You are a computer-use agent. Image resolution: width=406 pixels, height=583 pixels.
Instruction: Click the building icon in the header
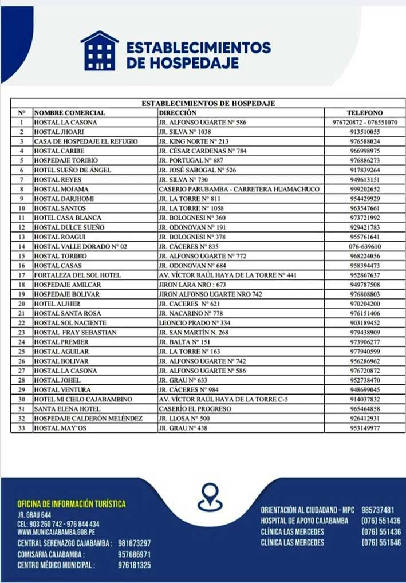click(99, 51)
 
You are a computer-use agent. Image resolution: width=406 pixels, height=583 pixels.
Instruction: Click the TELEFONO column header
click(365, 113)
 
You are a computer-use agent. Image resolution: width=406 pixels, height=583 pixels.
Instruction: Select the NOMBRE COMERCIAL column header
click(69, 113)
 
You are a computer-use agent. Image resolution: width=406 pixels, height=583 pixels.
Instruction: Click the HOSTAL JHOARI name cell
click(57, 132)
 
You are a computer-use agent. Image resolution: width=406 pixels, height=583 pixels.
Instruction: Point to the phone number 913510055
click(365, 132)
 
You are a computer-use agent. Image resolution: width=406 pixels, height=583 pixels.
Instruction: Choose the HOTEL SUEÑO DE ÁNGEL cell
click(72, 170)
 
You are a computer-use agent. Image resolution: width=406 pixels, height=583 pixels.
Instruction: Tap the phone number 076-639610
click(365, 246)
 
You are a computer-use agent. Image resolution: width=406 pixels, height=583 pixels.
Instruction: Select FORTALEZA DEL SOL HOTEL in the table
click(77, 275)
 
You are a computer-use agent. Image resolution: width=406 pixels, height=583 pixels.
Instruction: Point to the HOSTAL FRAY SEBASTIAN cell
click(75, 332)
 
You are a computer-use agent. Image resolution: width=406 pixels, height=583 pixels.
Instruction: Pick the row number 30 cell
click(22, 399)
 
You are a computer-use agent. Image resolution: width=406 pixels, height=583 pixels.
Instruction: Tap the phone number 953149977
click(365, 428)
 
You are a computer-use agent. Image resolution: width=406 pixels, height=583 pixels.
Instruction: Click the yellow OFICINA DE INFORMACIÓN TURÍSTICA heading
click(72, 504)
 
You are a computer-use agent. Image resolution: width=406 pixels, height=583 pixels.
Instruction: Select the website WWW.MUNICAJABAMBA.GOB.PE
click(56, 532)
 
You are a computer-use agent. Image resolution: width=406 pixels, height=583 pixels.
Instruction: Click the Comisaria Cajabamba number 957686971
click(134, 554)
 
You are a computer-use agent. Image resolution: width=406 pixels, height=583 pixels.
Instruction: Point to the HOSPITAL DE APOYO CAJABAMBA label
click(304, 521)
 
